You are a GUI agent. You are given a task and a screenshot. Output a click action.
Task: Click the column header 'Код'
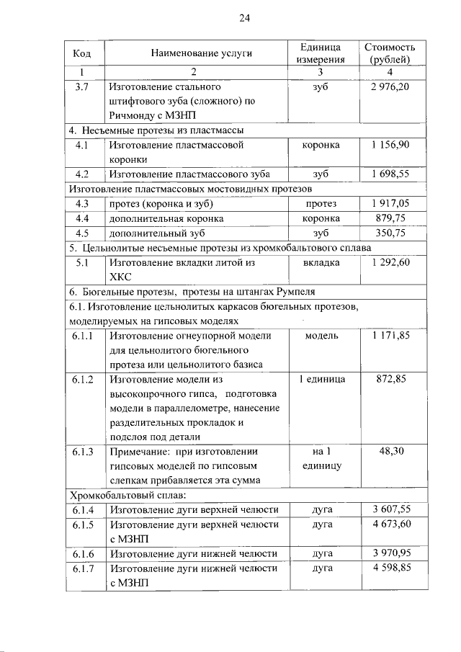click(81, 53)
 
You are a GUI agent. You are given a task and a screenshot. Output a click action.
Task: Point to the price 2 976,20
click(390, 86)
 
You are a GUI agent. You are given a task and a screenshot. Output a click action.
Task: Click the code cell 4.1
click(81, 145)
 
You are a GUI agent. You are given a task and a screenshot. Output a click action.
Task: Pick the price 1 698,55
click(390, 174)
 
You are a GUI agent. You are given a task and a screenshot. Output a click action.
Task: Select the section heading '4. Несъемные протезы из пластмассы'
click(155, 130)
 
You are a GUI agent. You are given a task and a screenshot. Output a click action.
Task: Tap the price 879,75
click(390, 218)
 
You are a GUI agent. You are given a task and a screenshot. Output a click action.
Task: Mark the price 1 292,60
click(390, 262)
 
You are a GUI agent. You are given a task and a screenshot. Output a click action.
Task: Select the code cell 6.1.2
click(83, 379)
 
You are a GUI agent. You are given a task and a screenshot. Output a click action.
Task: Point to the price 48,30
click(390, 452)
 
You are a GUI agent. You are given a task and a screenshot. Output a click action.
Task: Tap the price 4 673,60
click(390, 524)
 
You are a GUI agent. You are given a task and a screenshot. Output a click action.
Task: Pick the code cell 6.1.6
click(83, 553)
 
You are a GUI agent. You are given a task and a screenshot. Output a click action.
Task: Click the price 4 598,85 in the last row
click(390, 568)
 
